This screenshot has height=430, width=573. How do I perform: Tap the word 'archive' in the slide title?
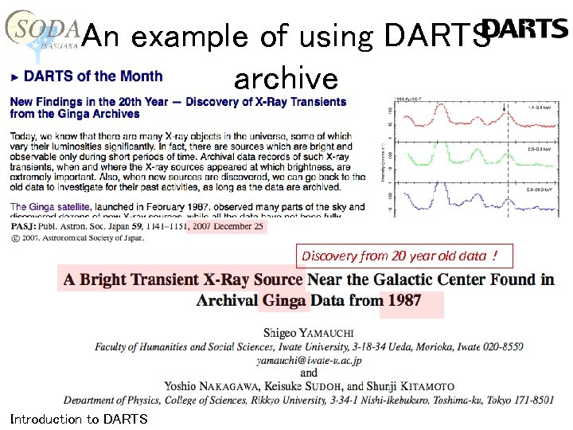tap(286, 78)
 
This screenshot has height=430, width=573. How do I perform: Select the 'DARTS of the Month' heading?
tap(93, 76)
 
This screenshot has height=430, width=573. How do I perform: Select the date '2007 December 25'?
tap(227, 226)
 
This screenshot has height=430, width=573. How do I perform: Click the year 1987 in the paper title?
tap(405, 301)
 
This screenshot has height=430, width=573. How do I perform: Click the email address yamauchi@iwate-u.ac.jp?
tap(310, 360)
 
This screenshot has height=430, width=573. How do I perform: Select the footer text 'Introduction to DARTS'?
tap(79, 419)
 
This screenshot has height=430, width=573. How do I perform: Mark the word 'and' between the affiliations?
tap(310, 373)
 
